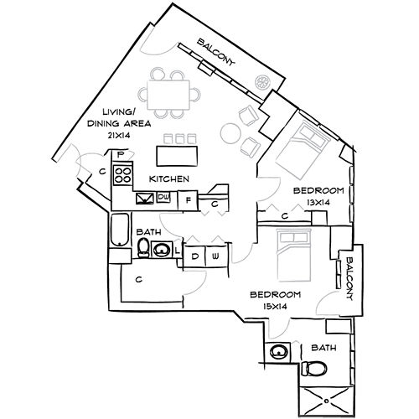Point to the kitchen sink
click(x=144, y=199)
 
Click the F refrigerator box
click(x=189, y=199)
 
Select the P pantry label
click(x=121, y=154)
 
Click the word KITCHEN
click(x=168, y=179)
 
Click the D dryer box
click(x=194, y=256)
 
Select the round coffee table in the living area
click(x=228, y=132)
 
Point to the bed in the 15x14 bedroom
click(x=296, y=256)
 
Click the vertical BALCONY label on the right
click(x=351, y=272)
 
